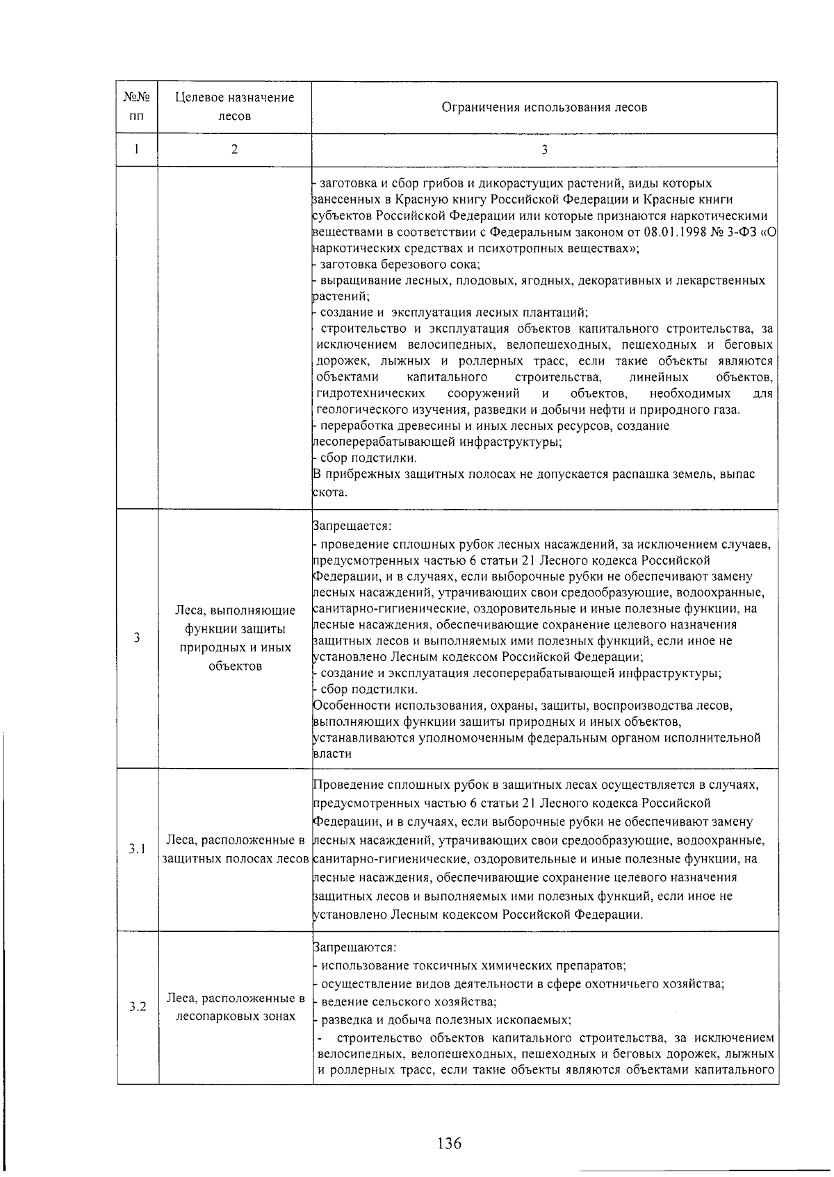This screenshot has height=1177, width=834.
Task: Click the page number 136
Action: pos(450,1142)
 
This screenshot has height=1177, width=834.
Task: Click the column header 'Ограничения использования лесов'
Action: pos(544,108)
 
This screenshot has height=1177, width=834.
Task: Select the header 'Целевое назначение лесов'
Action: pos(234,107)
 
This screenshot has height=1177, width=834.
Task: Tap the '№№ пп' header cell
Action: pos(137,107)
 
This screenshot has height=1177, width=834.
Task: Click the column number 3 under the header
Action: pos(544,150)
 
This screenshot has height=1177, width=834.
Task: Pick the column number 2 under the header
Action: pos(234,150)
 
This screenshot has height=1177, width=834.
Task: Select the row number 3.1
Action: pos(137,849)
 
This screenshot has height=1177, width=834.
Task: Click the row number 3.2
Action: pos(137,1007)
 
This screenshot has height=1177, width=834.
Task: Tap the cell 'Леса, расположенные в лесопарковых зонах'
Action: pos(236,1007)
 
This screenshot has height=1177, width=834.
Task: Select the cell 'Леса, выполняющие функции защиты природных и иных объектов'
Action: pos(235,638)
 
